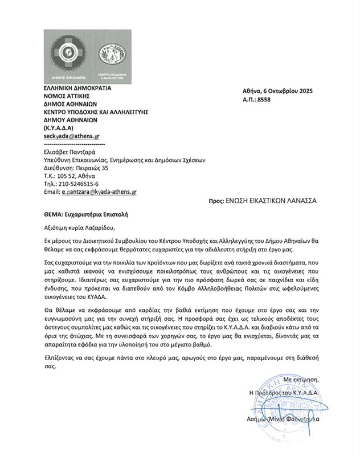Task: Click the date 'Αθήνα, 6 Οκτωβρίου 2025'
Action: tap(277, 91)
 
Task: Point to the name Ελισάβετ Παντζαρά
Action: tap(70, 151)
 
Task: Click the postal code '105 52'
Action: tap(66, 177)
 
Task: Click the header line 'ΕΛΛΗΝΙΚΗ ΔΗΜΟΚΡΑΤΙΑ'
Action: tap(77, 88)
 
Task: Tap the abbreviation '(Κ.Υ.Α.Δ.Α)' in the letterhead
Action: tap(59, 128)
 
